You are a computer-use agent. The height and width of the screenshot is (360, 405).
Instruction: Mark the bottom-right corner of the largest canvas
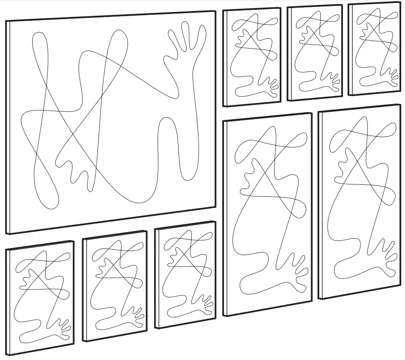coord(215,207)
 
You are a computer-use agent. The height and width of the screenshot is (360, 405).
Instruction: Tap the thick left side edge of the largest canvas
coord(8,128)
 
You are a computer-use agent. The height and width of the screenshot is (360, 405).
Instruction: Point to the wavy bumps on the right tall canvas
coord(342,164)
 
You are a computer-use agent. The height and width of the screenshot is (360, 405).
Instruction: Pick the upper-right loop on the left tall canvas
coord(300,138)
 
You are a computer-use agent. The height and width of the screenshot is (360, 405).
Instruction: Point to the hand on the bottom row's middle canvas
coord(136,312)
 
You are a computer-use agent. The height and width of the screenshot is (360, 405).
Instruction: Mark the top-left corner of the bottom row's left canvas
coord(7,249)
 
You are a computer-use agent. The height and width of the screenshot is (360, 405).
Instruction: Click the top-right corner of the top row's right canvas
coord(399,3)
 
